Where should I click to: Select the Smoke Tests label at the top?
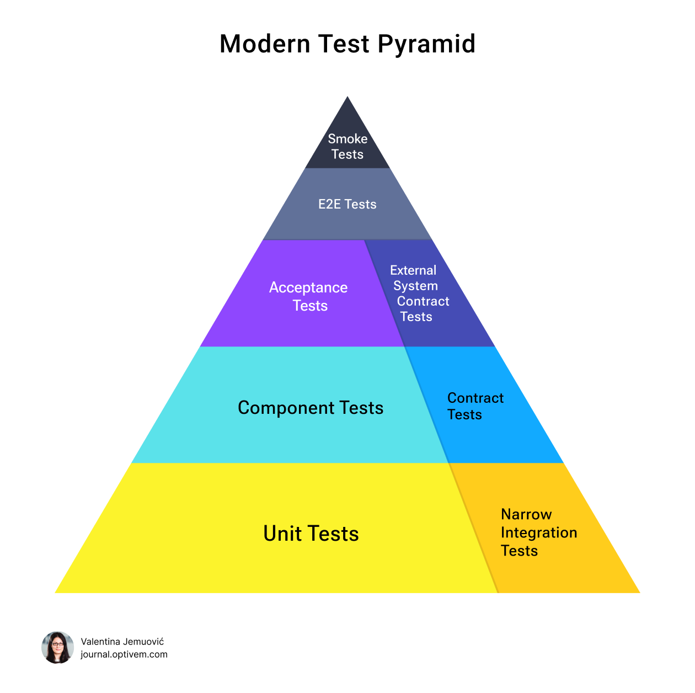pyautogui.click(x=347, y=147)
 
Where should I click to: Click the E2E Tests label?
pyautogui.click(x=347, y=204)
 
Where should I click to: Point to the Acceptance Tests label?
pyautogui.click(x=308, y=297)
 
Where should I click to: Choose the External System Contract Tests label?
pyautogui.click(x=419, y=294)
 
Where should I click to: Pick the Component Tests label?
pyautogui.click(x=311, y=408)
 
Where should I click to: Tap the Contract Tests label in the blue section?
pyautogui.click(x=475, y=406)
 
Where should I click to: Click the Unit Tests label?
pyautogui.click(x=311, y=534)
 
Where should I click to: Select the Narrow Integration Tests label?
pyautogui.click(x=538, y=532)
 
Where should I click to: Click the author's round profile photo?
pyautogui.click(x=57, y=647)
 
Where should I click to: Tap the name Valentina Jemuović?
pyautogui.click(x=122, y=642)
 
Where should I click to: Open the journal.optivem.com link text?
pyautogui.click(x=124, y=654)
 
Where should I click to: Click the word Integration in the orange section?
pyautogui.click(x=539, y=532)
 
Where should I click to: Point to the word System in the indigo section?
pyautogui.click(x=415, y=286)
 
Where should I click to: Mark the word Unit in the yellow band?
pyautogui.click(x=282, y=534)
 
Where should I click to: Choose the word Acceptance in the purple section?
pyautogui.click(x=308, y=287)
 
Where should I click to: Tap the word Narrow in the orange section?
pyautogui.click(x=526, y=514)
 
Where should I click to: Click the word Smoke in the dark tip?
pyautogui.click(x=347, y=139)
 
